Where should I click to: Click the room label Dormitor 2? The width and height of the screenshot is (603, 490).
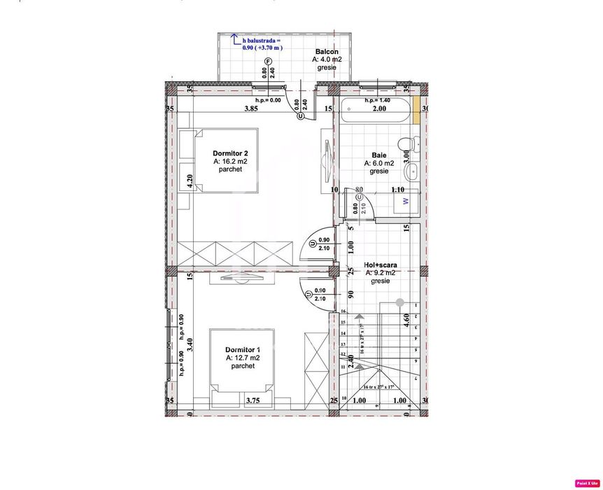(230, 153)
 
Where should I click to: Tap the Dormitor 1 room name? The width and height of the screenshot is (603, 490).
(243, 349)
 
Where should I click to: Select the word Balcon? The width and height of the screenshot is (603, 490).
(327, 52)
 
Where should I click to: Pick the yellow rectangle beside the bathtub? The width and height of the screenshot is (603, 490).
(416, 112)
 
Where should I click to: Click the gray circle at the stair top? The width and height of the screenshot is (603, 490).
(399, 302)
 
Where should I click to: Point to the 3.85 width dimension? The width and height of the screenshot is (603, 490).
(253, 109)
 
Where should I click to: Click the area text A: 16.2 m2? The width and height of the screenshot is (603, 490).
(230, 161)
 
